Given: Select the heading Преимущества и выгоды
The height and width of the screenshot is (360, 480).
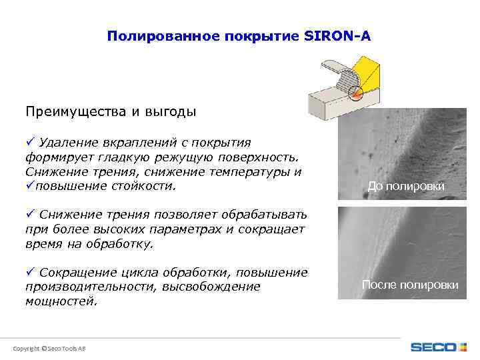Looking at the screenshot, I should point(111,111).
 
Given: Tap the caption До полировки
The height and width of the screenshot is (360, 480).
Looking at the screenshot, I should point(406,186).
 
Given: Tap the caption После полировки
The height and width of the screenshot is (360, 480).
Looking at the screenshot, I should point(409,285).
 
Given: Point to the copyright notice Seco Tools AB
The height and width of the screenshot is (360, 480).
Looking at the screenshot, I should point(49,349).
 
